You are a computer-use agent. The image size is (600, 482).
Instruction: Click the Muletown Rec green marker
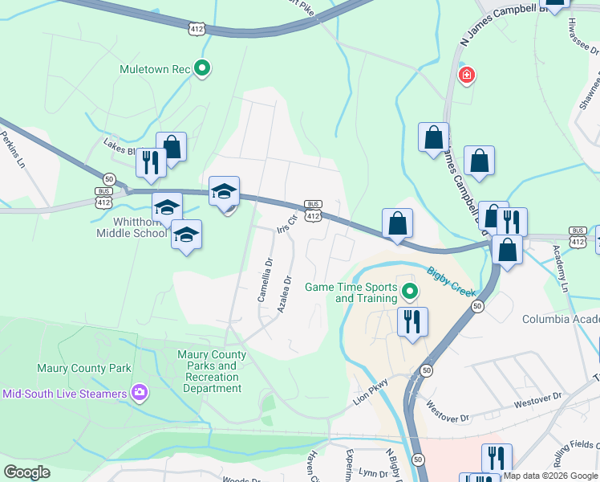point(202,69)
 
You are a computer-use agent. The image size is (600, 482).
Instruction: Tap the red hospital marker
point(465,76)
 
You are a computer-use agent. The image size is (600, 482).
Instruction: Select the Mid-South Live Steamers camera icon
point(140,393)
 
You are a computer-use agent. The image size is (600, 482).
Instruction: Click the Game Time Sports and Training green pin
point(409,290)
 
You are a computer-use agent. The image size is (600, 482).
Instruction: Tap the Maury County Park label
point(83,369)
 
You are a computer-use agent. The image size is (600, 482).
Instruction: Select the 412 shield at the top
point(197,27)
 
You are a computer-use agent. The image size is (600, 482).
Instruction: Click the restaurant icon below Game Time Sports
point(412,322)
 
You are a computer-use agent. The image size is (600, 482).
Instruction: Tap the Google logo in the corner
point(27,472)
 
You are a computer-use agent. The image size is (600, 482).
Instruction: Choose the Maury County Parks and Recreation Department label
point(207,371)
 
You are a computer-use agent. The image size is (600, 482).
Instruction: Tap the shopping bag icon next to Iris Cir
point(397,223)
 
